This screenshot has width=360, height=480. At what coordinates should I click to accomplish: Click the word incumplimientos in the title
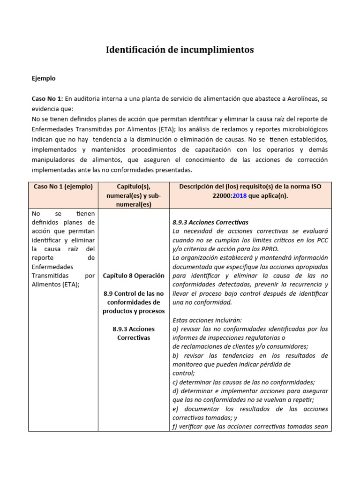[217, 50]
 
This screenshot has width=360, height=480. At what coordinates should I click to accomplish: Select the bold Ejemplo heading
[44, 78]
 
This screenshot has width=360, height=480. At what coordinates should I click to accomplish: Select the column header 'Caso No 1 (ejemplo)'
[63, 187]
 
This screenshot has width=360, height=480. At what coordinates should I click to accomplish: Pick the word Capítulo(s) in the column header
[134, 187]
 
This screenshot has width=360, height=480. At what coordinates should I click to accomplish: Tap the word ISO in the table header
[315, 187]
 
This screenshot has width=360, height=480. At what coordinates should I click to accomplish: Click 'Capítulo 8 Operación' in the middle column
[134, 276]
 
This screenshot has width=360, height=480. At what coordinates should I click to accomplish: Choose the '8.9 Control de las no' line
[134, 293]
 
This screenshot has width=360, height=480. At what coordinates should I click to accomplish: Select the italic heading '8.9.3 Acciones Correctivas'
[210, 222]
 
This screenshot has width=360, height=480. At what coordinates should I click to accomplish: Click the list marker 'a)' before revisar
[176, 329]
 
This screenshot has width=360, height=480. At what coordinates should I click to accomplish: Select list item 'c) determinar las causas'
[243, 382]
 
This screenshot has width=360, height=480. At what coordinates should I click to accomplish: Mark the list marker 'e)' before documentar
[176, 409]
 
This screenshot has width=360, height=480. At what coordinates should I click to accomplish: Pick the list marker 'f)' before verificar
[175, 426]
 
